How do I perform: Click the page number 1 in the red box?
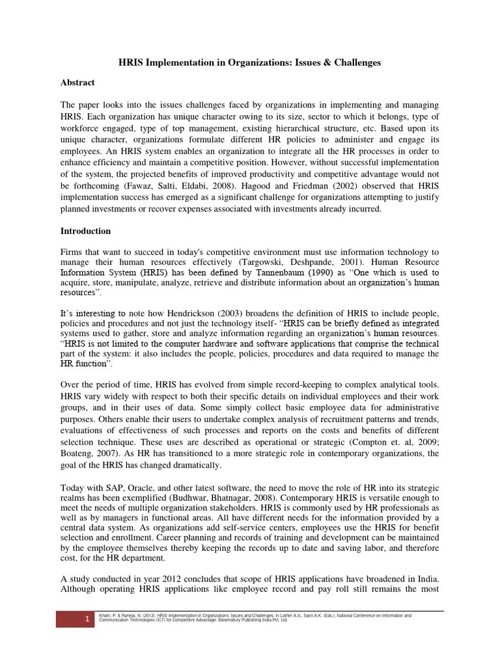pyautogui.click(x=87, y=620)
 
